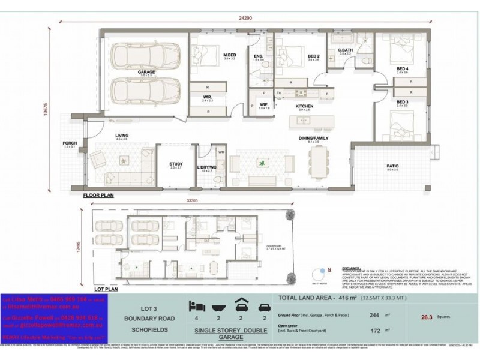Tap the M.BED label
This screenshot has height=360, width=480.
(229, 55)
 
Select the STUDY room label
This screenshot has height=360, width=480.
(176, 163)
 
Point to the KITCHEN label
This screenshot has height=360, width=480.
(305, 106)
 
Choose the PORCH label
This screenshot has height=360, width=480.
(70, 143)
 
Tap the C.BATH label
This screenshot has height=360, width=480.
(344, 50)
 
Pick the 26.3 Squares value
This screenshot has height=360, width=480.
(428, 319)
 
